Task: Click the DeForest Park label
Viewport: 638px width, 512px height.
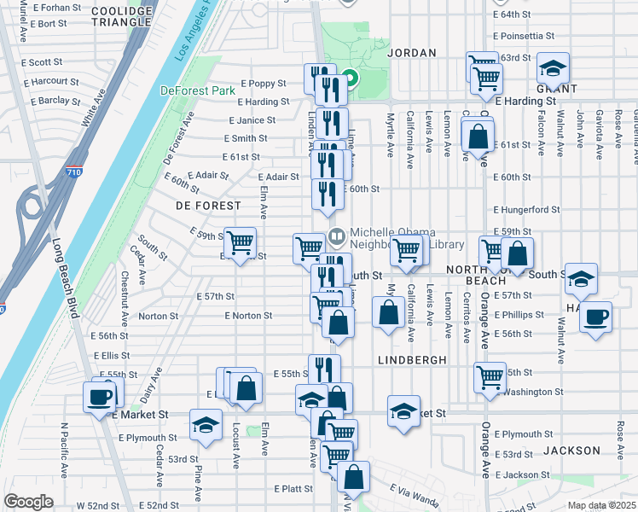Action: (x=197, y=90)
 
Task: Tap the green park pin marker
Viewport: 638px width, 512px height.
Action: (x=350, y=82)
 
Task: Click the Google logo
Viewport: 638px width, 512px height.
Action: (x=28, y=502)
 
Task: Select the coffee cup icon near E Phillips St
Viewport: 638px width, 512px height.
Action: (x=595, y=317)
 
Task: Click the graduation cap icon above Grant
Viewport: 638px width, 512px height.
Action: (x=553, y=67)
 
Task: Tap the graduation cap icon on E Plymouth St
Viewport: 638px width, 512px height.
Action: (x=206, y=424)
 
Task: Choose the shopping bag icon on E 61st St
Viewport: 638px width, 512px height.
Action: (x=478, y=136)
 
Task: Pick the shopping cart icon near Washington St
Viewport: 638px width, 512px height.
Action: (x=490, y=376)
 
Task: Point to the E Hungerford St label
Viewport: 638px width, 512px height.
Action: (x=525, y=209)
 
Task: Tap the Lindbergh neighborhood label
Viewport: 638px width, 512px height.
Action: (x=412, y=360)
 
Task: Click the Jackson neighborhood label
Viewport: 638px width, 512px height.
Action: (x=571, y=450)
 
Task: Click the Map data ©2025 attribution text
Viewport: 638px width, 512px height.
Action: (x=602, y=505)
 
